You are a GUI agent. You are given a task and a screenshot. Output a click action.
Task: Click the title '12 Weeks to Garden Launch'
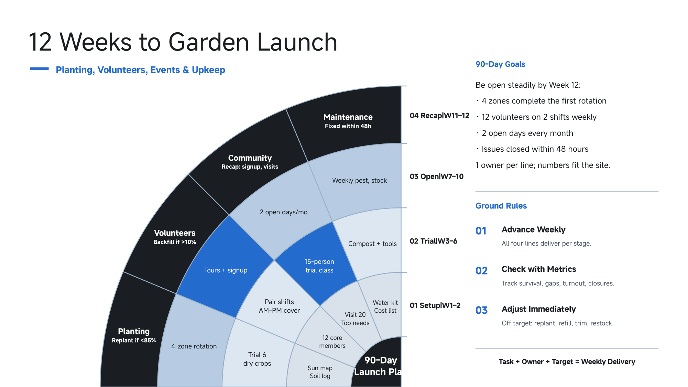click(183, 42)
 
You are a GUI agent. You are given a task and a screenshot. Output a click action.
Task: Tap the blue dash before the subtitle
click(39, 69)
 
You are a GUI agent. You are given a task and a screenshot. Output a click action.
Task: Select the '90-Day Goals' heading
click(500, 64)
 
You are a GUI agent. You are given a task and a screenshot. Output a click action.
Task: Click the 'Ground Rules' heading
click(501, 206)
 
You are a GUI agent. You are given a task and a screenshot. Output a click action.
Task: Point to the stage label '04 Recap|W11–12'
click(439, 116)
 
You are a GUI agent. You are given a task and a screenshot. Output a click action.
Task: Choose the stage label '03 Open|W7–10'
click(437, 176)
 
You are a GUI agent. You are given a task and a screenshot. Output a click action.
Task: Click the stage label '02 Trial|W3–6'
click(434, 241)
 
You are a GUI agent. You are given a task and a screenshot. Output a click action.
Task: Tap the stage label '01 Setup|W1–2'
click(435, 305)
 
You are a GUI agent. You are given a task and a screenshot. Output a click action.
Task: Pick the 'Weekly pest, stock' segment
click(359, 181)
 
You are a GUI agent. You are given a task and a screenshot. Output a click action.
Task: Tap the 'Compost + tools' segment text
click(372, 244)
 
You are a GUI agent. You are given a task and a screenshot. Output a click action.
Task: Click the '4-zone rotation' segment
click(194, 346)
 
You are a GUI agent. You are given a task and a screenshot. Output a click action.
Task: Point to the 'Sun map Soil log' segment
click(320, 372)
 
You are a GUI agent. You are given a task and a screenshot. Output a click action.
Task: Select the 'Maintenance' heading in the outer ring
click(348, 117)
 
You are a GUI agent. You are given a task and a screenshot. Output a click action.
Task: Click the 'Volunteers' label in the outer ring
click(175, 233)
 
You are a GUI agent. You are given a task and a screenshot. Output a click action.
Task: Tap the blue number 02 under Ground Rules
click(481, 271)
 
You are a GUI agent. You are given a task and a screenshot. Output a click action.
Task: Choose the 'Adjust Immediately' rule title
click(539, 309)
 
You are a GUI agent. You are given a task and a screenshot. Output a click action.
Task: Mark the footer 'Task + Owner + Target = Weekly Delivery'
click(567, 362)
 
